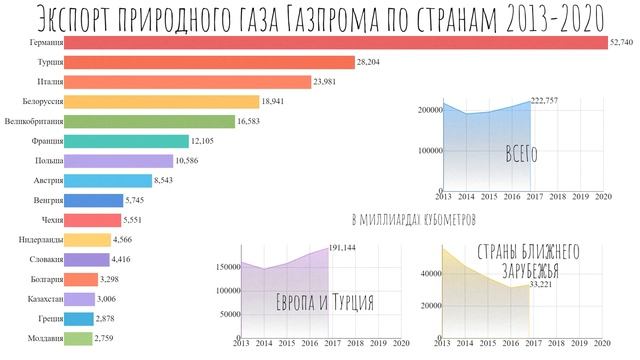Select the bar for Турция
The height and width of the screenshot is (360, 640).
coord(211,62)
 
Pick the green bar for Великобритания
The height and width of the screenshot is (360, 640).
coord(151,121)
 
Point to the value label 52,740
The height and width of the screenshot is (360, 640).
coord(621,43)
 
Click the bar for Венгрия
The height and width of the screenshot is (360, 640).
coord(95,200)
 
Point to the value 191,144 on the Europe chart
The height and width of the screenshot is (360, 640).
coord(348,246)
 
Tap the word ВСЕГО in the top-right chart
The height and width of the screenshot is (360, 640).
coord(521,154)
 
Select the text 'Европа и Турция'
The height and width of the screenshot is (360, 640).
coord(325,301)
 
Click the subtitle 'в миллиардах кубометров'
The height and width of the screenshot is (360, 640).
coord(420,217)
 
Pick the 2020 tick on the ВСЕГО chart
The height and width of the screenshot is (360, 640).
coord(602,198)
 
